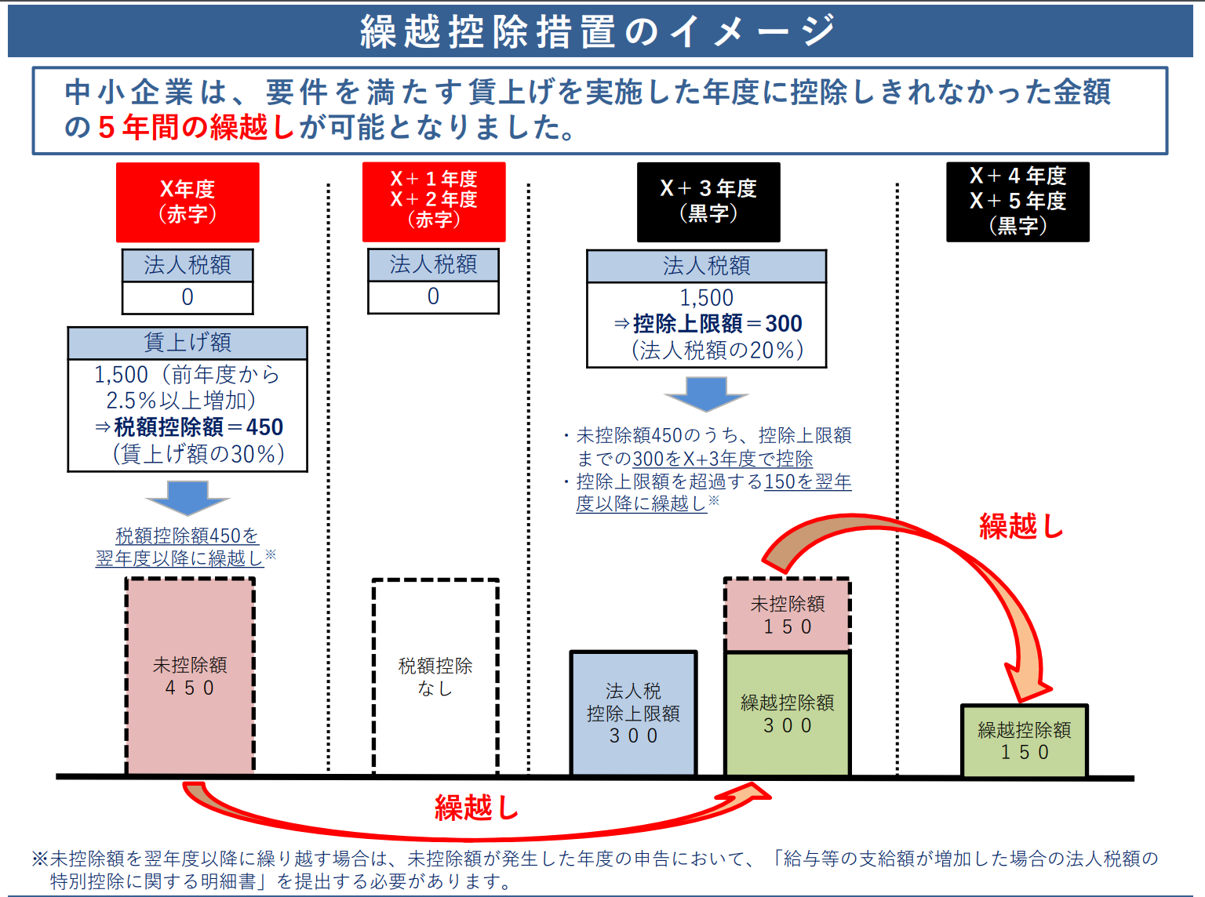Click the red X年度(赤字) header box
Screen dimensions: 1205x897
pos(187,202)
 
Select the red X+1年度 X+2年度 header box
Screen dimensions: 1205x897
pos(434,202)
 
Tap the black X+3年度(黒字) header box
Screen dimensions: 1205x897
pos(708,202)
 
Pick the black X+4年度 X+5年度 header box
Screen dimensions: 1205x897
pos(1018,202)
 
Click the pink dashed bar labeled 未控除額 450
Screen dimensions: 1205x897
pos(190,676)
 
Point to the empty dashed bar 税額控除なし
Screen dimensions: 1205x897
pos(435,677)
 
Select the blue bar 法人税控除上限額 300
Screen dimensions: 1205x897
pos(633,713)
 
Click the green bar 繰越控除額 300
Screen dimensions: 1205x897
pos(787,714)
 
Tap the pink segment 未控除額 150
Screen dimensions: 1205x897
pos(787,615)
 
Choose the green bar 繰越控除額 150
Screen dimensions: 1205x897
pos(1024,741)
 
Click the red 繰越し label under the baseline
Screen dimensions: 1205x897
pos(476,808)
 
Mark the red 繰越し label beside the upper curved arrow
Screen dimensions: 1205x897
pos(1021,525)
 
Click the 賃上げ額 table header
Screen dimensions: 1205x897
pos(187,343)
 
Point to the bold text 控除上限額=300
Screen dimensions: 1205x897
pos(718,324)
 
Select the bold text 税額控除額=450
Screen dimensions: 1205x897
pos(198,427)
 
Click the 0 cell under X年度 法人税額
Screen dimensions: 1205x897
pos(187,297)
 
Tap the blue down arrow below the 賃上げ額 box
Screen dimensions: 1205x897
pos(187,497)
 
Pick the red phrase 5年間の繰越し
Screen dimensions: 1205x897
pos(196,127)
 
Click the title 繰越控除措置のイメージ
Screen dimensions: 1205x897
pos(598,31)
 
